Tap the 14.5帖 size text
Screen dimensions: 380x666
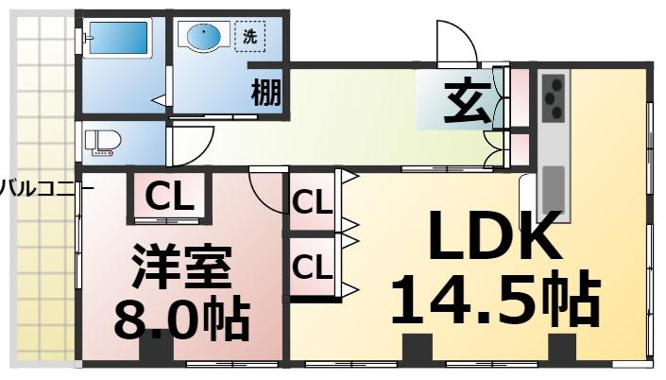(x=495, y=301)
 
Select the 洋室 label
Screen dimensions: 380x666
(x=180, y=268)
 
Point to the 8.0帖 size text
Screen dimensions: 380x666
(x=180, y=321)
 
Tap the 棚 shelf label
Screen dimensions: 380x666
(x=266, y=94)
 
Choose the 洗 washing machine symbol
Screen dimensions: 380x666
(x=249, y=38)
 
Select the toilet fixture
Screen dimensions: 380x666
(x=103, y=143)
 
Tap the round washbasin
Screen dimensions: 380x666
(x=204, y=39)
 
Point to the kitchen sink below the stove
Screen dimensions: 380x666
(x=553, y=189)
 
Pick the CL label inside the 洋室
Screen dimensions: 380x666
(x=171, y=198)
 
